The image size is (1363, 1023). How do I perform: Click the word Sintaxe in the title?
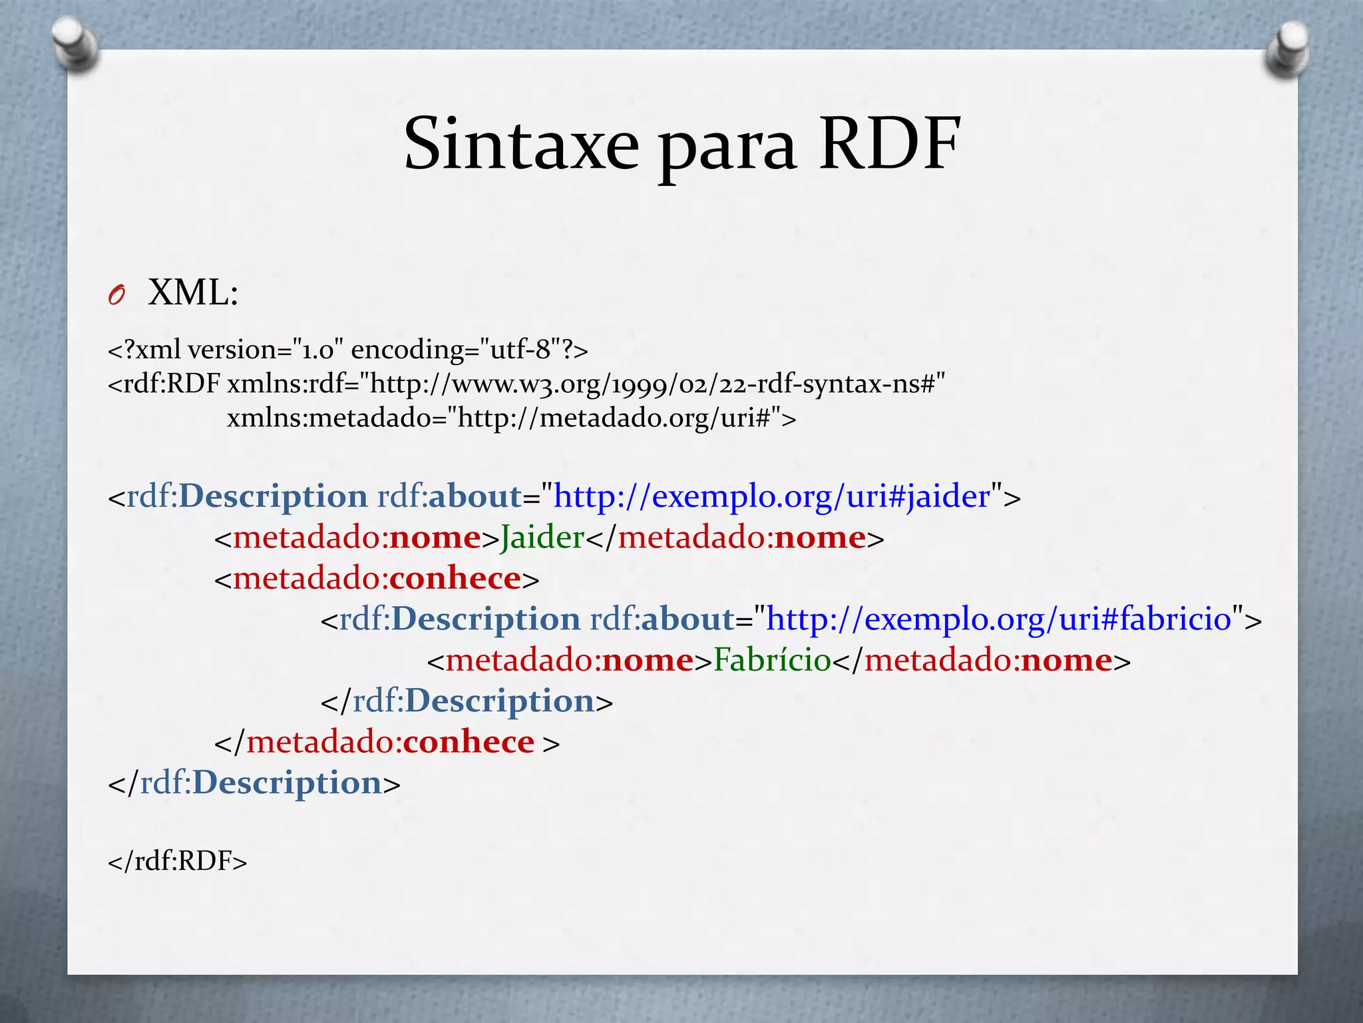(x=521, y=145)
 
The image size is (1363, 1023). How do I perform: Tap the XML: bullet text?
(x=193, y=292)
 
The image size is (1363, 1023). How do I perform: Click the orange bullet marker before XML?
(x=116, y=295)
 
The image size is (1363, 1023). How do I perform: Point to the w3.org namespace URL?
(x=656, y=384)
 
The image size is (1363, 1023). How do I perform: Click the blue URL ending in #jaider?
(x=772, y=496)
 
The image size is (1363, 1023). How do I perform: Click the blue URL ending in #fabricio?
(x=998, y=619)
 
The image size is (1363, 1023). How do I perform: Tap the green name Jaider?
(x=542, y=537)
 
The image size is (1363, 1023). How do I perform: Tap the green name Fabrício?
(x=772, y=660)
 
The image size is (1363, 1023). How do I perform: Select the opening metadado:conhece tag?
(x=377, y=578)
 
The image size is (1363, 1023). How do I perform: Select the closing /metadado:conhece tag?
(x=386, y=742)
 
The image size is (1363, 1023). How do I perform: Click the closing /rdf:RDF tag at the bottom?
(x=177, y=861)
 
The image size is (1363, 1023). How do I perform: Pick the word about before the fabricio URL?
(x=687, y=619)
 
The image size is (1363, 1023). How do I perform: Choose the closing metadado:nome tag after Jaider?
(x=735, y=537)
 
